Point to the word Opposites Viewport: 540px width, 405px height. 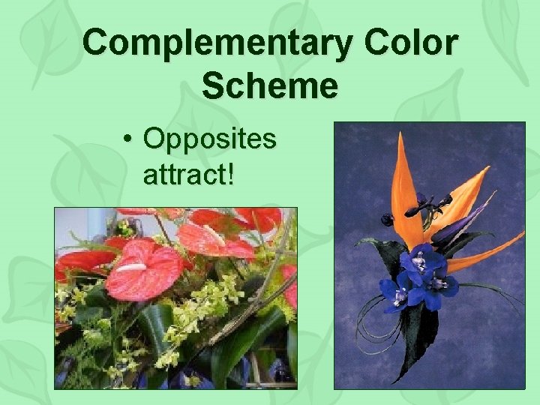pyautogui.click(x=209, y=139)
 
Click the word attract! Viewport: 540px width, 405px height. pyautogui.click(x=187, y=174)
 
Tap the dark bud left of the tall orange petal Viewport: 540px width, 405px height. pyautogui.click(x=388, y=219)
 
